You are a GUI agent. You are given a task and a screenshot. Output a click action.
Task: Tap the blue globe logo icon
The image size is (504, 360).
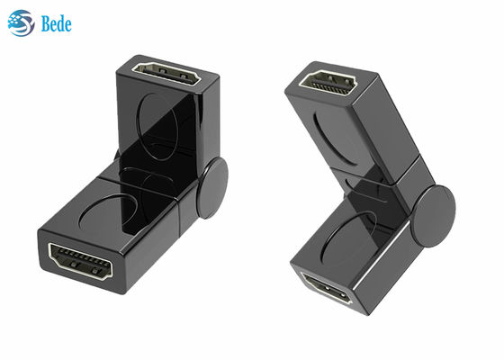point(21,22)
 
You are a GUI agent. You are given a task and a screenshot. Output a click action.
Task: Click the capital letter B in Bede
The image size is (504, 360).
point(44,23)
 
